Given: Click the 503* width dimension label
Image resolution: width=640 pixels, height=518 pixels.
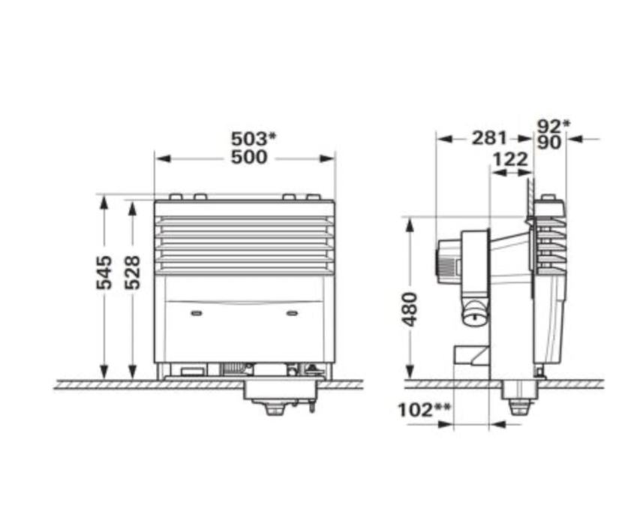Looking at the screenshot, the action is [254, 139].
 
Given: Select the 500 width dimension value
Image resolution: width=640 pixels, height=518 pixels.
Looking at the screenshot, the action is [249, 158].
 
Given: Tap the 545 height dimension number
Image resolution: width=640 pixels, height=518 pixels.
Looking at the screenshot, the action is [104, 273].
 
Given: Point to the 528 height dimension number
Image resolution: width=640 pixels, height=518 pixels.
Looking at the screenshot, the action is [133, 273].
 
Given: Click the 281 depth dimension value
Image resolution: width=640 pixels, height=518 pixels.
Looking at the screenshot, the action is [489, 138].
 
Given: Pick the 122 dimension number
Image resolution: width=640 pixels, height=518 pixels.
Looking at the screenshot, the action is [510, 159].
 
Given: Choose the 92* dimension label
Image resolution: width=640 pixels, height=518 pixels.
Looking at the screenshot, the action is [553, 126].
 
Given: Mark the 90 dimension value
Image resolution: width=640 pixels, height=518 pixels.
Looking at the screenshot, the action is [549, 143].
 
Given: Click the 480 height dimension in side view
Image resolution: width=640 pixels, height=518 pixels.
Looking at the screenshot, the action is [410, 309].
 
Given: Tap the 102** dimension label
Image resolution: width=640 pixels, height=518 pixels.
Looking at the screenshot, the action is [424, 409].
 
